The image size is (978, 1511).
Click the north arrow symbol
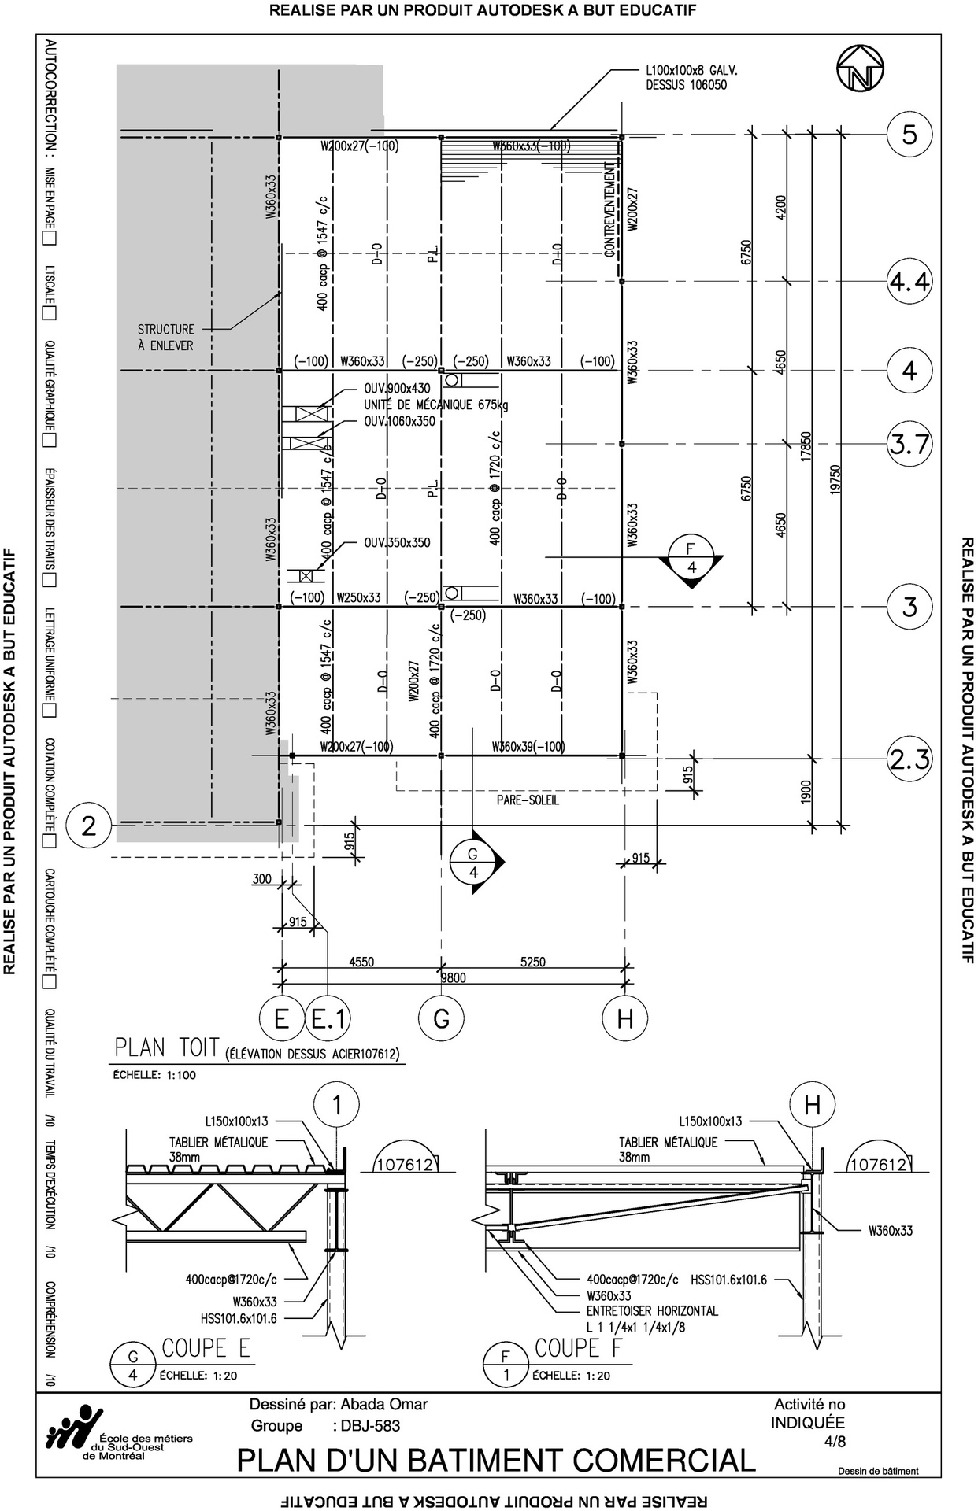pos(860,69)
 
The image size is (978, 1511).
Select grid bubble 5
pos(909,135)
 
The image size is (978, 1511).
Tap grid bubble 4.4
pos(909,281)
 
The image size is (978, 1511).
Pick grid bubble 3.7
pos(909,445)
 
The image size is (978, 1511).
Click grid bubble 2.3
pos(909,759)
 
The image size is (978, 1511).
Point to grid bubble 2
pos(88,826)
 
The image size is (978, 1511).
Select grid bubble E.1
pos(328,1019)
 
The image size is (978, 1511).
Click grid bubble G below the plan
pos(441,1019)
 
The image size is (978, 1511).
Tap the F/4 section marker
pos(691,559)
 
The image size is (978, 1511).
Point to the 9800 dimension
pos(453,978)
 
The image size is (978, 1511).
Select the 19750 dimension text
pos(835,480)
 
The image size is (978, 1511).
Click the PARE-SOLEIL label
pos(528,800)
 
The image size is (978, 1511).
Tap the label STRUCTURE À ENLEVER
pos(165,338)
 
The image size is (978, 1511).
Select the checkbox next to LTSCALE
pos(50,313)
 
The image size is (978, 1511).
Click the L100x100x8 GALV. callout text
pos(690,77)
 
